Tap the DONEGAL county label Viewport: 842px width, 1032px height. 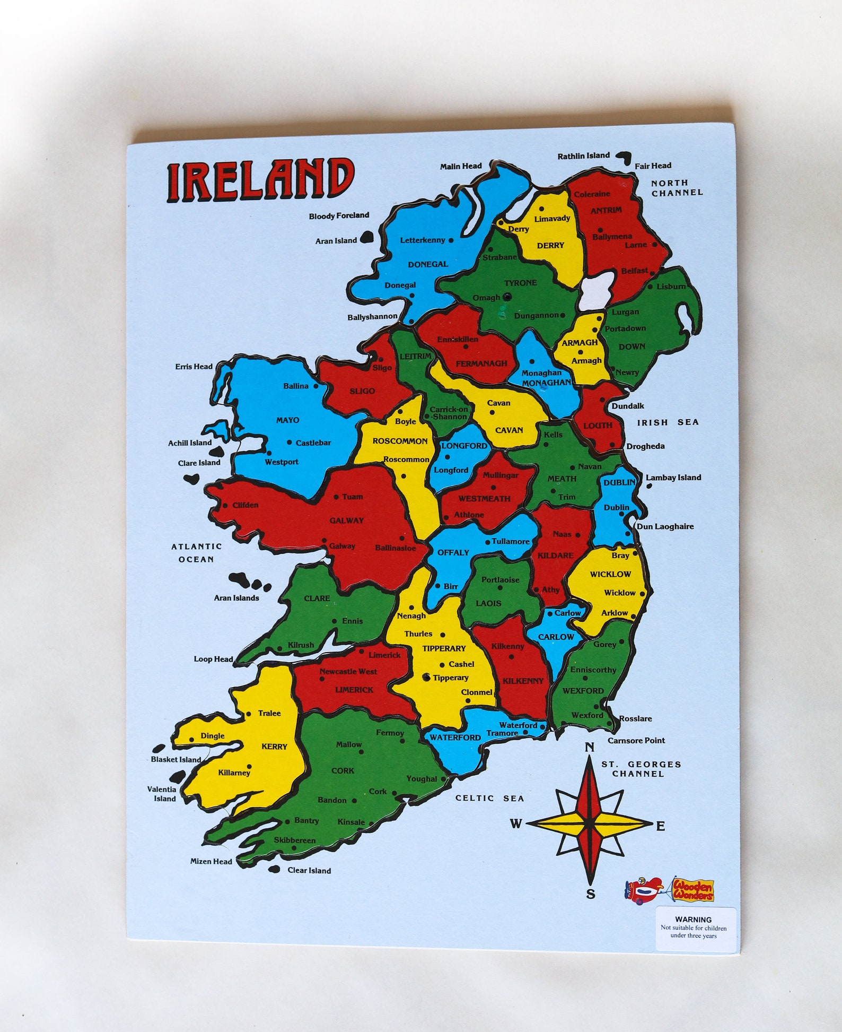427,264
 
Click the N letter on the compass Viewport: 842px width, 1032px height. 589,748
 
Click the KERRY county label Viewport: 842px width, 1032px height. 274,747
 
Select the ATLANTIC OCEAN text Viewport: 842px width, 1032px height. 196,552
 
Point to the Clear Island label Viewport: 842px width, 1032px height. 309,870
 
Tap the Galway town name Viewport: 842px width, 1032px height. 342,545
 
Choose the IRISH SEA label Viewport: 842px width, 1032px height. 668,422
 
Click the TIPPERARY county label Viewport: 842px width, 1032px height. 444,648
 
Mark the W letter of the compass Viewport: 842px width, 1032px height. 516,823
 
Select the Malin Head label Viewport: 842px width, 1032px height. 461,166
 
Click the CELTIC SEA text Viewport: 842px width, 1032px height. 489,798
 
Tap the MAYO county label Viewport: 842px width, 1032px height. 287,420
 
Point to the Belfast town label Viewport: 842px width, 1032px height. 634,271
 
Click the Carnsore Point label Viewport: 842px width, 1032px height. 636,740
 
